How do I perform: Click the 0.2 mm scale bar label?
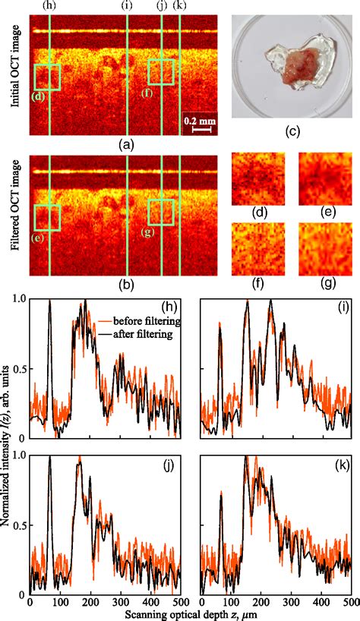(197, 120)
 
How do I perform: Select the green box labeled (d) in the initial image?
(47, 77)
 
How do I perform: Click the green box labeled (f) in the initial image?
(161, 71)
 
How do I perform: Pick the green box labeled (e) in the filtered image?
(47, 217)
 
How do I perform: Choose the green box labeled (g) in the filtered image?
(161, 213)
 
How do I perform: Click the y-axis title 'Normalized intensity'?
(8, 448)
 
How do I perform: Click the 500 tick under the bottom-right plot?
(349, 601)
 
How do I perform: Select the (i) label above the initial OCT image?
(127, 6)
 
